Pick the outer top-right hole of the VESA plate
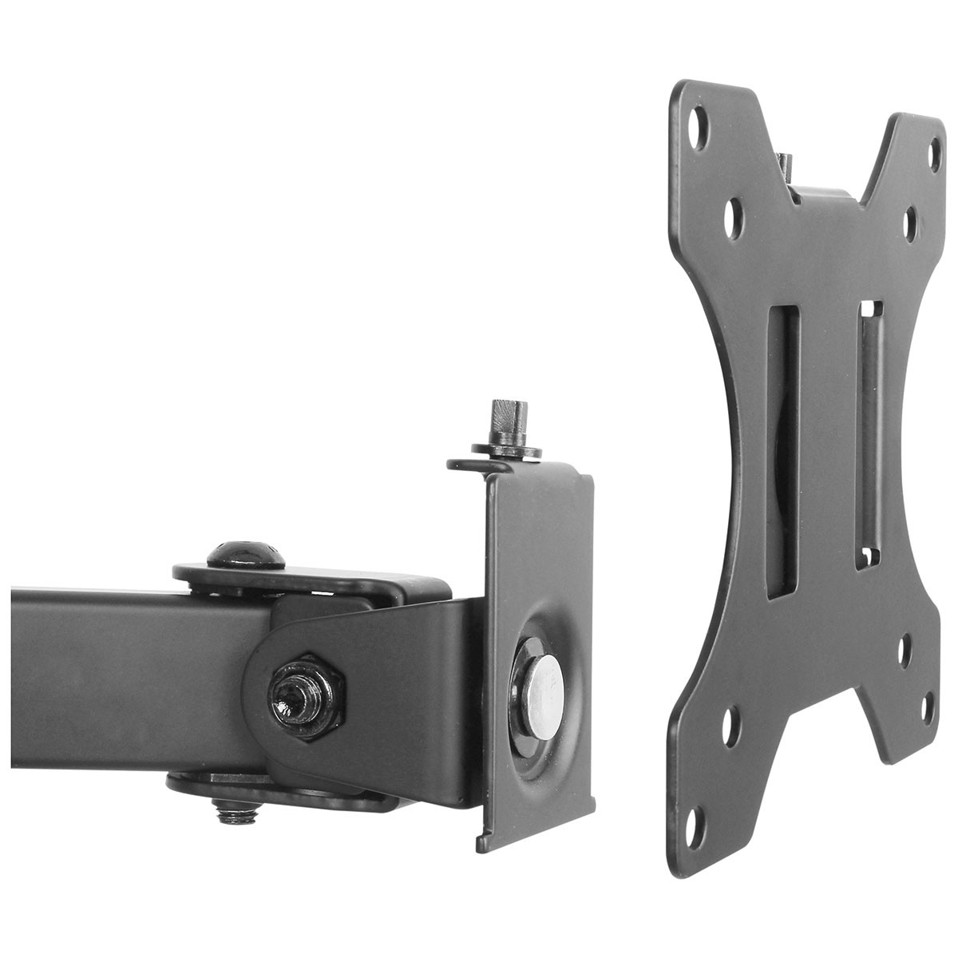tap(934, 152)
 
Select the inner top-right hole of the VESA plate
tap(910, 223)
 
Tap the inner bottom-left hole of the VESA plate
tap(731, 728)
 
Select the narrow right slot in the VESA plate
tap(869, 435)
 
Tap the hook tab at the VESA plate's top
tap(786, 168)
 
